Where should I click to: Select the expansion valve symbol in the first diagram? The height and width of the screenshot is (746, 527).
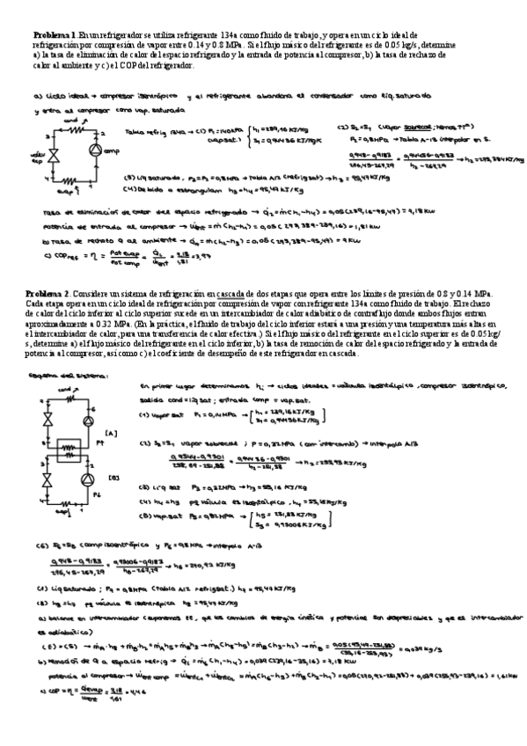(x=52, y=156)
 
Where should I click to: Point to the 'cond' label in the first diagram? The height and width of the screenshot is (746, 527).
(x=69, y=120)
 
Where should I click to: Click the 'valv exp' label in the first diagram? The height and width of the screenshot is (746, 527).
(x=35, y=161)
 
